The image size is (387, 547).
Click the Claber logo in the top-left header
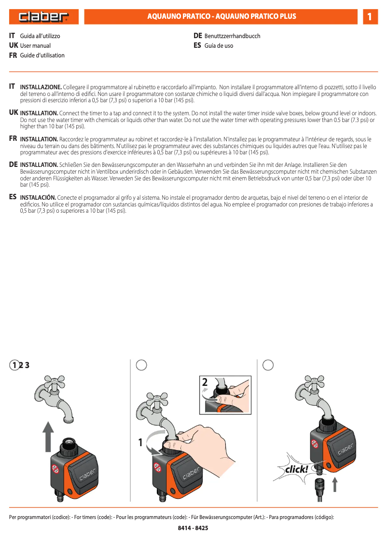click(43, 17)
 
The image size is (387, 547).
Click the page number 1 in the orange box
click(370, 17)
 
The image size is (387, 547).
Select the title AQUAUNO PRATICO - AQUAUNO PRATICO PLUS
click(221, 16)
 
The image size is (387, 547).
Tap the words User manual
click(35, 46)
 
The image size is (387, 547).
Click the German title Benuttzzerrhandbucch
click(232, 36)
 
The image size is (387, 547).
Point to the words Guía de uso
click(219, 46)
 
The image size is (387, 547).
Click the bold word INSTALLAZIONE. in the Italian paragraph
click(41, 87)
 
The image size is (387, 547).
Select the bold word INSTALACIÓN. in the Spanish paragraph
click(38, 198)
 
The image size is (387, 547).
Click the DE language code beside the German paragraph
click(14, 164)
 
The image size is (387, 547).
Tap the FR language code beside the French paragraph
click(14, 138)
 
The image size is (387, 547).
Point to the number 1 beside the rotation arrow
click(141, 442)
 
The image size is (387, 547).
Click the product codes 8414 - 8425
click(193, 528)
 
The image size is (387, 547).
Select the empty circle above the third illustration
click(268, 365)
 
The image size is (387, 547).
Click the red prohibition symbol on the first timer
click(55, 468)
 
